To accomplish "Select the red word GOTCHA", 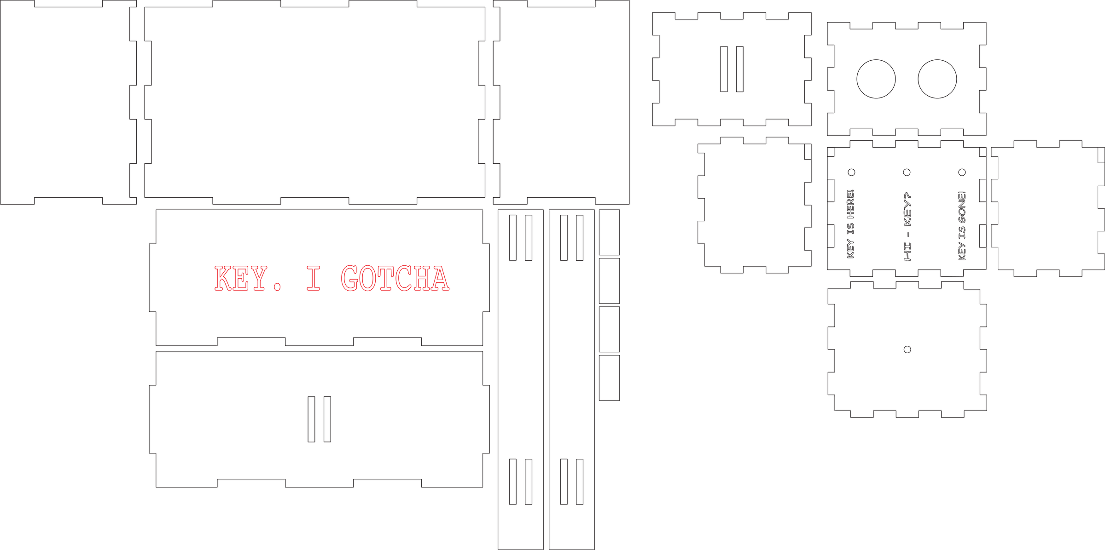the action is [x=395, y=278].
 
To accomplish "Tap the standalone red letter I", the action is [x=314, y=278].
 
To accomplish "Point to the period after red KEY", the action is [x=277, y=287].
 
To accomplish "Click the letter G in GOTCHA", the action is [x=349, y=278].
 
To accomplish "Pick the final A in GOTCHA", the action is [x=440, y=278].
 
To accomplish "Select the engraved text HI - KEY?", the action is [x=907, y=226].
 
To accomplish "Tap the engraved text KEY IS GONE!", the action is [x=962, y=226].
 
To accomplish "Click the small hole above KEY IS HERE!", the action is [x=851, y=172].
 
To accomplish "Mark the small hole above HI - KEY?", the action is [x=907, y=172].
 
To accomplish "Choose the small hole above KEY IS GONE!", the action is [x=962, y=172].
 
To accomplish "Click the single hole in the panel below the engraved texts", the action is [x=907, y=349].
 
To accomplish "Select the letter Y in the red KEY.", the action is [x=259, y=278].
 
